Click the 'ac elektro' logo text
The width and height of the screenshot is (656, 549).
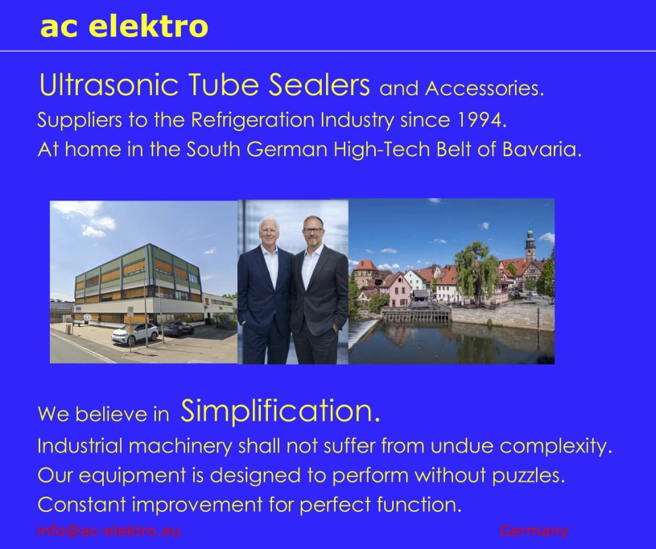coord(124,26)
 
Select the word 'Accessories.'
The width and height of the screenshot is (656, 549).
coord(485,89)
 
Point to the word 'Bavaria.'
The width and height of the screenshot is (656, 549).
coord(542,149)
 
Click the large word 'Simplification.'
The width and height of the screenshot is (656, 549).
coord(280,411)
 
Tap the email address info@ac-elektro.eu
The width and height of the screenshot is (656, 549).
coord(109,530)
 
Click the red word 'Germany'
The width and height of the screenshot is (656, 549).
coord(534,531)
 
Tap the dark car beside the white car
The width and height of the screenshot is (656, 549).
coord(178,328)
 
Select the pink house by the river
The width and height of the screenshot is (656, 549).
coord(395,290)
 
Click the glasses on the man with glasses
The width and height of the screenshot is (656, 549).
coord(313,230)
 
